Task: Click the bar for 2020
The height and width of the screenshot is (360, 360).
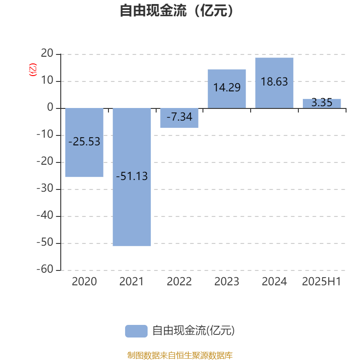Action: point(84,142)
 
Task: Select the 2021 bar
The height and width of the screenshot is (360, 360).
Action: point(132,177)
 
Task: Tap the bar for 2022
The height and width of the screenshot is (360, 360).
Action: point(179,118)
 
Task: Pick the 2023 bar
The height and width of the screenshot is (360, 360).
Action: point(227,89)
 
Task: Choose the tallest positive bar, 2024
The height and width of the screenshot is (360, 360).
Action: point(274,83)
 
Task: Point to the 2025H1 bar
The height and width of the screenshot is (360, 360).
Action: point(322,103)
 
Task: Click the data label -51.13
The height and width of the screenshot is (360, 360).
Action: point(132,176)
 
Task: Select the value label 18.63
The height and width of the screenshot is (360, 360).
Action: point(274,82)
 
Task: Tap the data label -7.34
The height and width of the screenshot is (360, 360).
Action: point(179,117)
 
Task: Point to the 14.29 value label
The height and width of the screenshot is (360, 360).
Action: point(227,87)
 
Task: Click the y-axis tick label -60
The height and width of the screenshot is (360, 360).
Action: point(45,269)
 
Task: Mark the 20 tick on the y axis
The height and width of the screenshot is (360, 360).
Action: point(47,53)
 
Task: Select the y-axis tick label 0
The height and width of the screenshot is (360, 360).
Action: point(50,107)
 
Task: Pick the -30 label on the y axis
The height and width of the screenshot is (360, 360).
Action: point(45,188)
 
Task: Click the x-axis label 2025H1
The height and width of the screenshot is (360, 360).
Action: point(322,282)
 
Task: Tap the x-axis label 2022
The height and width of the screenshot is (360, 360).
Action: point(179,282)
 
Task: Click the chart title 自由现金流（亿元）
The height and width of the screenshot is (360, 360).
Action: point(177,10)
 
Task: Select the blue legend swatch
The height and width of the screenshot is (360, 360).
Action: point(136,331)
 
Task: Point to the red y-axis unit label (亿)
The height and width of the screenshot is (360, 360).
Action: point(32,70)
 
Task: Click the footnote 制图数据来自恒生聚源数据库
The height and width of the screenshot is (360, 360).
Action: point(180,355)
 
